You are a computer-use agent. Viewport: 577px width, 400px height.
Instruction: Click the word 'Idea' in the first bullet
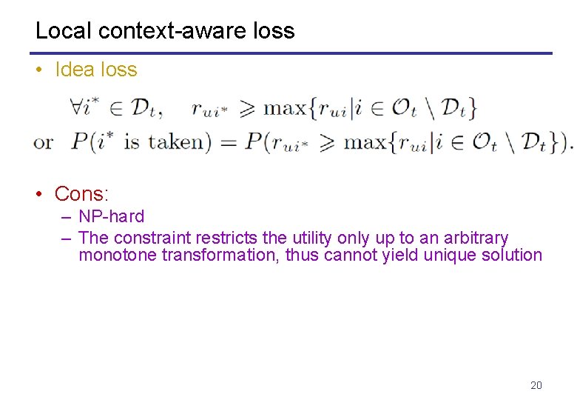pos(75,70)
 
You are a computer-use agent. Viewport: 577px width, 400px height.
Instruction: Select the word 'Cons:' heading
pos(81,194)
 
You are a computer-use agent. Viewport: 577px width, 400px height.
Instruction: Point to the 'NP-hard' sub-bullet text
pos(111,217)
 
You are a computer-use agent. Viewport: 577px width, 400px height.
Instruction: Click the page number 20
pos(536,385)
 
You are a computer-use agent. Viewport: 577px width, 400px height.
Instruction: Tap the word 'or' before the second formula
pos(43,141)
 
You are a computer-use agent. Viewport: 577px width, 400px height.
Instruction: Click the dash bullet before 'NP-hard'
pos(67,217)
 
